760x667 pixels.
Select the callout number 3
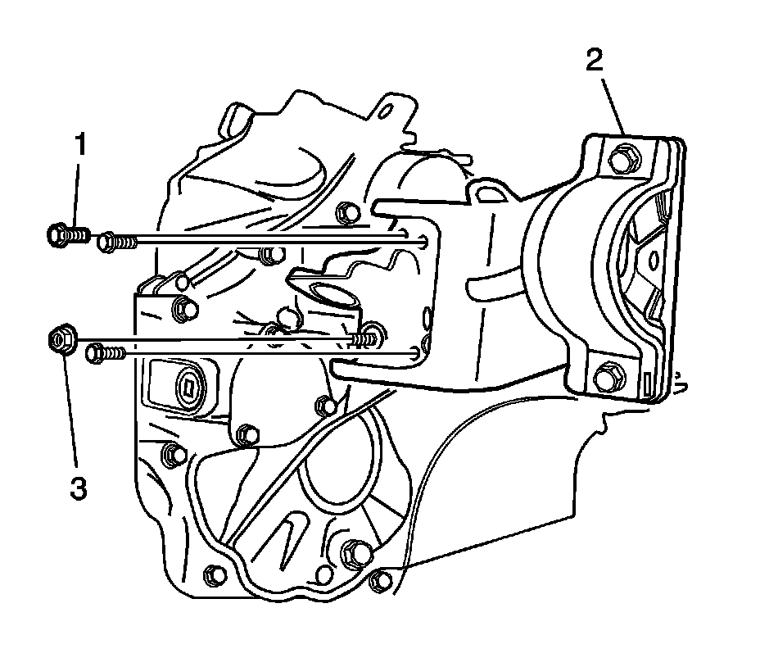click(x=78, y=489)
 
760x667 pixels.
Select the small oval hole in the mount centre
click(x=653, y=259)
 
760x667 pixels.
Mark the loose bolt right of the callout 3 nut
click(x=102, y=352)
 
